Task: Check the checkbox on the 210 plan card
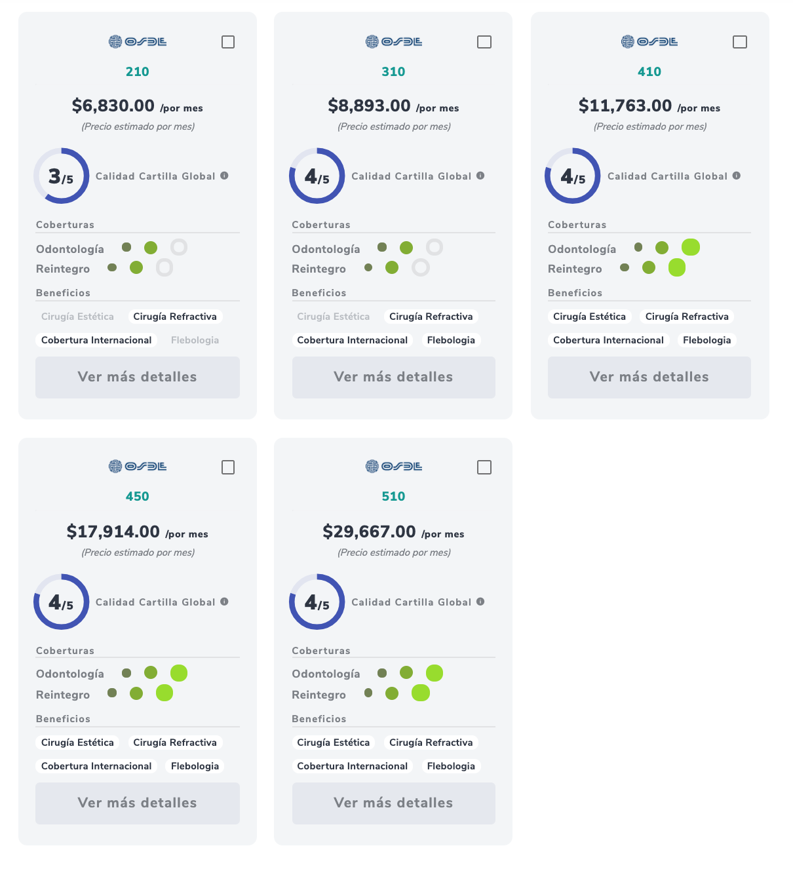[x=228, y=42]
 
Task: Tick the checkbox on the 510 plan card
[x=484, y=467]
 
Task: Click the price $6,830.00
[x=113, y=106]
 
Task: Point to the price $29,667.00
[x=369, y=531]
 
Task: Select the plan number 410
[x=649, y=71]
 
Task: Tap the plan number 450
[x=138, y=496]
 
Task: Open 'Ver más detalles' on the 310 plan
[x=393, y=377]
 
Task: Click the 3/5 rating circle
[x=61, y=176]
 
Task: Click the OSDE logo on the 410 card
[x=649, y=42]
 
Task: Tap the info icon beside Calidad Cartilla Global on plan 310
[x=480, y=176]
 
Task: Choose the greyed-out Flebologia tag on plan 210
[x=195, y=340]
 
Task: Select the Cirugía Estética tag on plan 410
[x=589, y=317]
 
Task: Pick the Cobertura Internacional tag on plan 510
[x=352, y=766]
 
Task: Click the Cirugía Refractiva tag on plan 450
[x=175, y=743]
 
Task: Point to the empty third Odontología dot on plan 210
[x=179, y=247]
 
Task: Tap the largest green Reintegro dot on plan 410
[x=677, y=267]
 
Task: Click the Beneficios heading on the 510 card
[x=319, y=719]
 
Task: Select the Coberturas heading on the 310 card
[x=321, y=225]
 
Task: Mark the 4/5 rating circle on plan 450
[x=61, y=602]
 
